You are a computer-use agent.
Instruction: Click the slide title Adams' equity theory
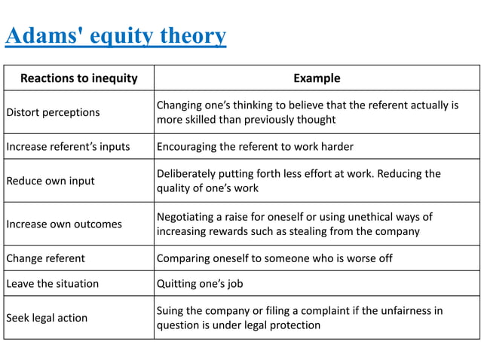pos(115,35)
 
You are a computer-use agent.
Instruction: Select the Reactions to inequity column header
pos(78,78)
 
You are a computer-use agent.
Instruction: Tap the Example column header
pos(317,78)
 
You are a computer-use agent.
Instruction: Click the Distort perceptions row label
pos(53,112)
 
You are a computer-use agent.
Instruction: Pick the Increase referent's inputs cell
pos(68,146)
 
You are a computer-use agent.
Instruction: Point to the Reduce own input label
pos(51,181)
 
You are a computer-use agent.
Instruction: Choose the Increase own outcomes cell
pos(64,224)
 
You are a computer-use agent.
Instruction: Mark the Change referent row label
pos(45,258)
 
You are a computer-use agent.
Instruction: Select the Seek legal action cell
pos(47,318)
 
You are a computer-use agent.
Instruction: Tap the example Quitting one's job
pos(200,284)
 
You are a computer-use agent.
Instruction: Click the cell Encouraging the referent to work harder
pos(255,146)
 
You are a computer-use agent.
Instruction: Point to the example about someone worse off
pos(274,258)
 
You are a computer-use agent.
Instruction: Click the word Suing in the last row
pos(170,310)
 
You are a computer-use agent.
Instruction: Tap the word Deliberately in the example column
pos(188,173)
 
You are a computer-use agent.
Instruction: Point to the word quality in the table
pos(173,188)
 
